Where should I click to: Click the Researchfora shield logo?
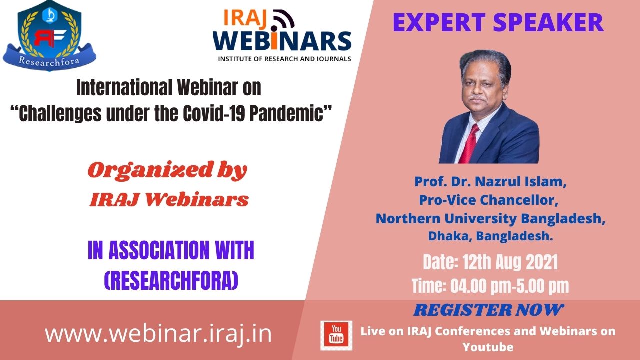tap(49, 35)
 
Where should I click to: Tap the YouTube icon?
tap(336, 335)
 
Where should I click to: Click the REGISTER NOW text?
tap(489, 310)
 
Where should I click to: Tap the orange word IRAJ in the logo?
tap(245, 18)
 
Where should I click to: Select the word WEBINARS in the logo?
tap(282, 41)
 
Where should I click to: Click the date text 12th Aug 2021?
tap(510, 262)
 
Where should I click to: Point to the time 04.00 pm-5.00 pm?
tap(509, 286)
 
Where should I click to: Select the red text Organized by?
tap(167, 170)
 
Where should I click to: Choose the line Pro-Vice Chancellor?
tap(489, 200)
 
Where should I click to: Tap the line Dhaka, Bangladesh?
tap(490, 236)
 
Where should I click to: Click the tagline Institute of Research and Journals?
tap(284, 59)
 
